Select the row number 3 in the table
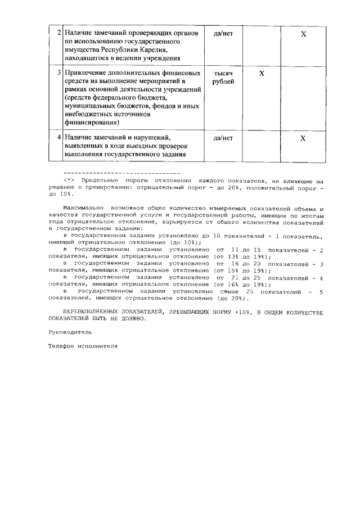pyautogui.click(x=59, y=74)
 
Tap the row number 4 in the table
pyautogui.click(x=59, y=137)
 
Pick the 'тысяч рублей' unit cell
pyautogui.click(x=223, y=78)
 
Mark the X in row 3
pyautogui.click(x=262, y=74)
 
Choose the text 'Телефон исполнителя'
pyautogui.click(x=83, y=346)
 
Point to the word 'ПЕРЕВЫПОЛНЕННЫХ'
pyautogui.click(x=91, y=311)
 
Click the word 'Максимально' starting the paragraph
pyautogui.click(x=83, y=208)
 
